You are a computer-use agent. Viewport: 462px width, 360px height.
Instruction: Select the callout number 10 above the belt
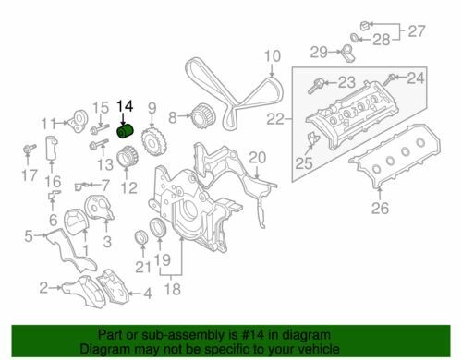[271, 63]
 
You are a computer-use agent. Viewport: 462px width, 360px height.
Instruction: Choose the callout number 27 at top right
[417, 31]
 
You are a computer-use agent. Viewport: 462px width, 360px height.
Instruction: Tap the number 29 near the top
[320, 51]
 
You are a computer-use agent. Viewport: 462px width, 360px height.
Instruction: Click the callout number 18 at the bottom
[170, 289]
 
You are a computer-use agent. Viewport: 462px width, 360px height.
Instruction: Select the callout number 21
[140, 268]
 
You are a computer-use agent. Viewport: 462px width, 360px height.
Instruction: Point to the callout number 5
[29, 236]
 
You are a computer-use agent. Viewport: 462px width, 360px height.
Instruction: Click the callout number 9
[152, 108]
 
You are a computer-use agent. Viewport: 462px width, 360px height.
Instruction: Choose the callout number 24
[416, 78]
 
